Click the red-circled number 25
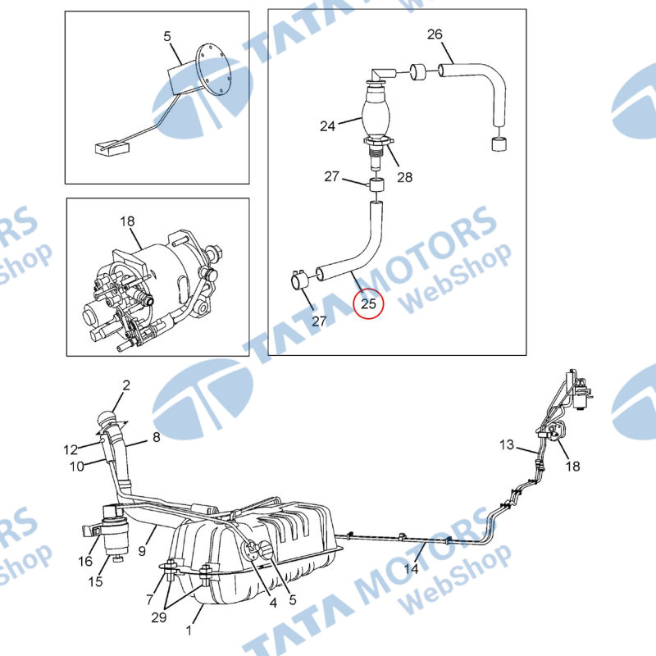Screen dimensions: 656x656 coord(368,303)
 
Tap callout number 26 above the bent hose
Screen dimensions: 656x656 coord(435,34)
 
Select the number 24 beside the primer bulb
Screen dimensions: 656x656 coord(327,126)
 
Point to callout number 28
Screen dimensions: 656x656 coord(404,177)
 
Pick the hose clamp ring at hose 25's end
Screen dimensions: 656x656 coord(298,280)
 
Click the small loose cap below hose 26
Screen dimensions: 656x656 coord(498,144)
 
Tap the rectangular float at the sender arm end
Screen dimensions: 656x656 coord(112,148)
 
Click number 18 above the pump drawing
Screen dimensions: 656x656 coord(127,221)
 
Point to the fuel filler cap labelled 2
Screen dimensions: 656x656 coord(106,419)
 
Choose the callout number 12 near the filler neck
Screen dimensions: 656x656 coord(71,449)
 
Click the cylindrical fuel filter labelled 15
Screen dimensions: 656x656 coord(115,530)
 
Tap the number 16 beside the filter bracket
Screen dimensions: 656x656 coord(85,561)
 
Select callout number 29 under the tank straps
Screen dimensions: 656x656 coord(158,617)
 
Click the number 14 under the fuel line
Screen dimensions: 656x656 coord(412,568)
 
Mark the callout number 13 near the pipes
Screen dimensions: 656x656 coord(507,444)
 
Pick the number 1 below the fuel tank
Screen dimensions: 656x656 coord(189,630)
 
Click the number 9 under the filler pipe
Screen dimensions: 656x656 coord(142,550)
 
